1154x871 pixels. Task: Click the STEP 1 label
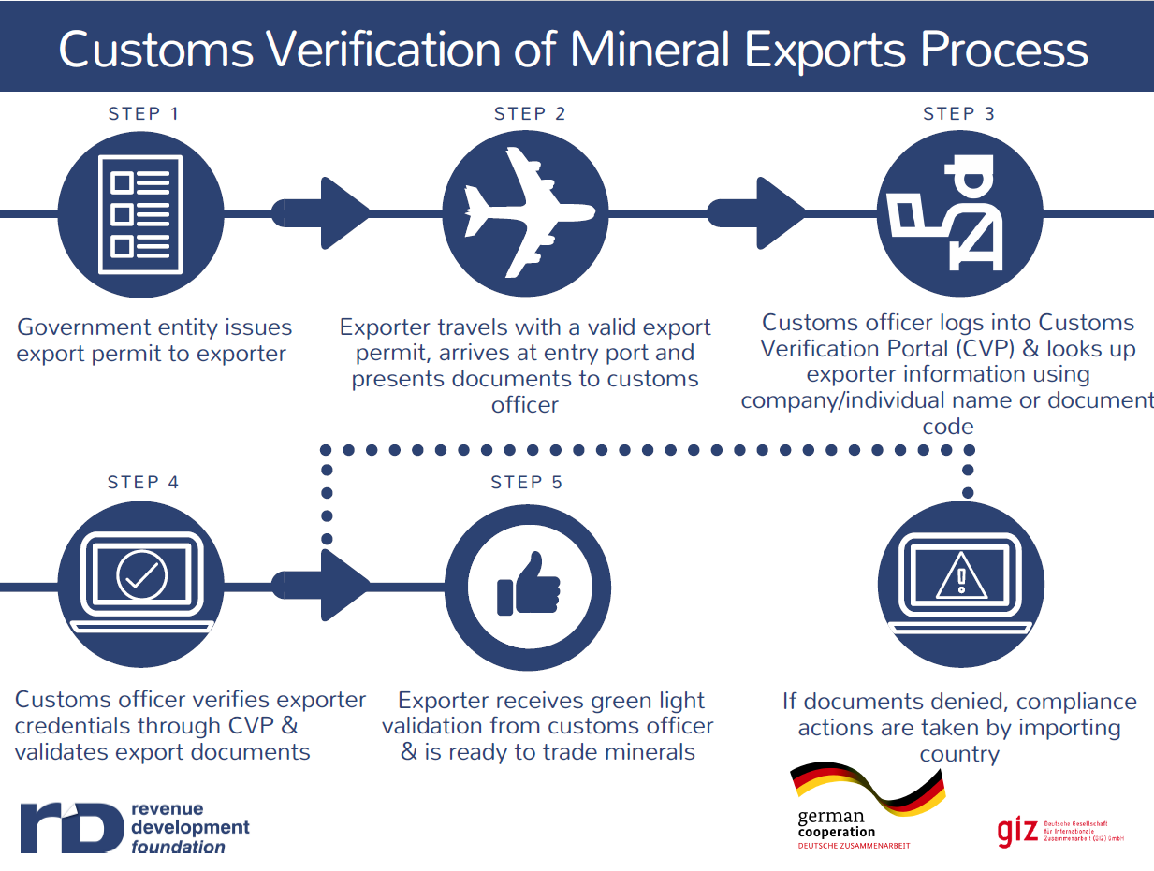(x=143, y=114)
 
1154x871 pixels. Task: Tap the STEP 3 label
(x=958, y=114)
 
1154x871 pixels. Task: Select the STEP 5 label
(x=526, y=483)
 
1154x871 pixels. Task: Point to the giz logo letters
(x=1017, y=830)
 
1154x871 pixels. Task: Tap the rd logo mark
(x=71, y=826)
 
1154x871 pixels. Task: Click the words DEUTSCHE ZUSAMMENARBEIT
(x=853, y=846)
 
